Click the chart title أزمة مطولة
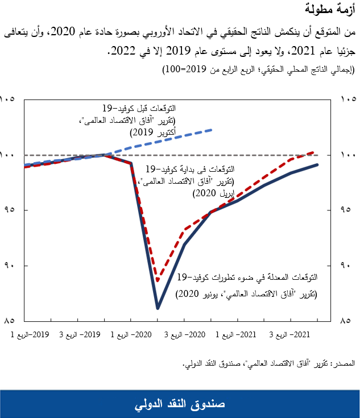(333, 10)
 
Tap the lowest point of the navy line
(158, 308)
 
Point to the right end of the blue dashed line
(212, 130)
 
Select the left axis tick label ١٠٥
(9, 100)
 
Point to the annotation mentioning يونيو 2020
(246, 294)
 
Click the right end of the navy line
(317, 164)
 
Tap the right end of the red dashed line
(315, 152)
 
